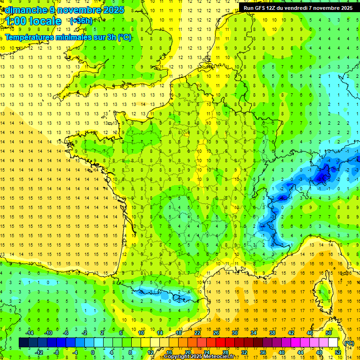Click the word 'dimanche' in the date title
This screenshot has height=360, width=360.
tap(25, 10)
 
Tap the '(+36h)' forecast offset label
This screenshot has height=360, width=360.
tap(81, 21)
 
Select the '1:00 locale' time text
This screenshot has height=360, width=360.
tap(33, 21)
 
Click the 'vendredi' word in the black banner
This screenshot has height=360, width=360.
tap(294, 8)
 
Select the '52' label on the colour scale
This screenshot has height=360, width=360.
tap(338, 352)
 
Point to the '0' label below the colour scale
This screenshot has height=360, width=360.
tap(93, 352)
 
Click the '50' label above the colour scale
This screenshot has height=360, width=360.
tap(329, 333)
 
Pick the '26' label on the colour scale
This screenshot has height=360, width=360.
tap(216, 333)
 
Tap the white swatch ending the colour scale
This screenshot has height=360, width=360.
tap(333, 343)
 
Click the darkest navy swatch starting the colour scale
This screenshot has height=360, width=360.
tap(23, 343)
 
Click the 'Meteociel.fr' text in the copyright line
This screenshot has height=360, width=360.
tap(217, 357)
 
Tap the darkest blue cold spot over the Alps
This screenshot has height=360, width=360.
tap(322, 177)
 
